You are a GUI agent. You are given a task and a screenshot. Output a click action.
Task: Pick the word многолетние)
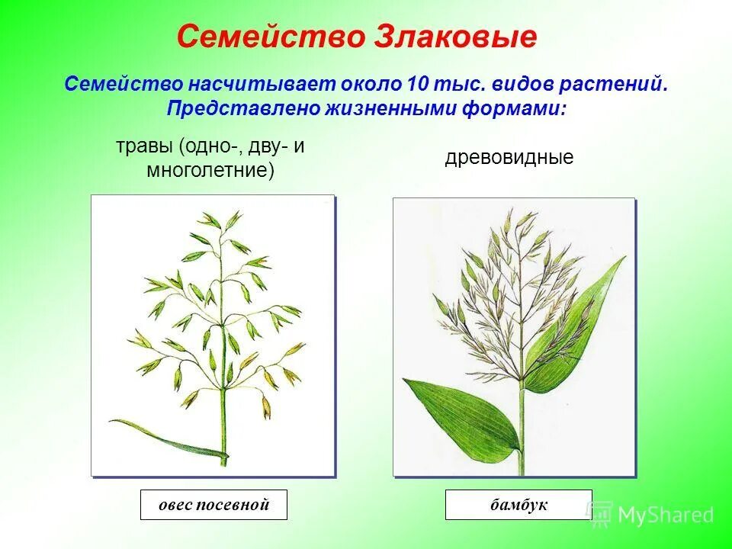pos(210,169)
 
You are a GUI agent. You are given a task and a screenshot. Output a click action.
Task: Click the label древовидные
pos(509,158)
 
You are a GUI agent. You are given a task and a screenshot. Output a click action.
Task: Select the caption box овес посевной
pos(213,505)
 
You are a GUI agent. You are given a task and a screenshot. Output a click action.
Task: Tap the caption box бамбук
pos(518,505)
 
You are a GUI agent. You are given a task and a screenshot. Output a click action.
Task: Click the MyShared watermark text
pos(665,515)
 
